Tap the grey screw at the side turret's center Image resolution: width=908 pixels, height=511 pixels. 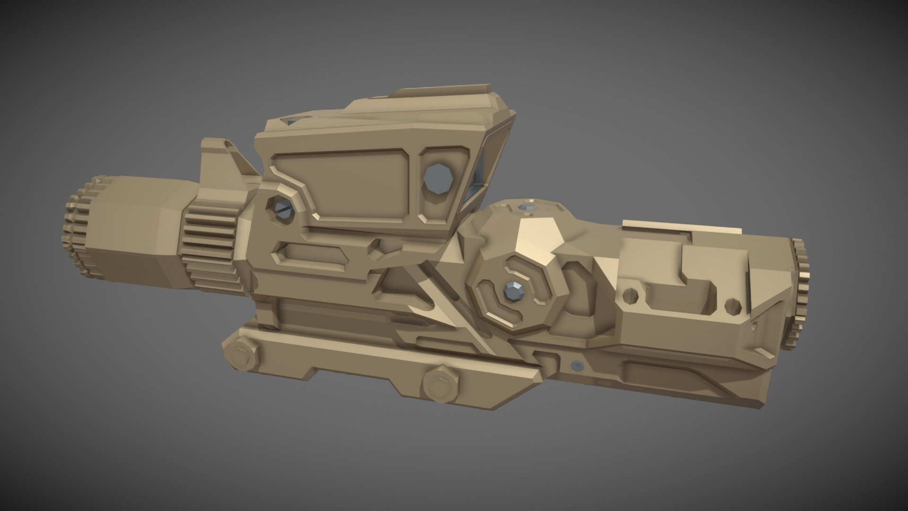(x=512, y=291)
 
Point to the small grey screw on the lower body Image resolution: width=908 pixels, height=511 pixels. (x=576, y=364)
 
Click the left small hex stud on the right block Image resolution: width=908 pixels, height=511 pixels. (x=630, y=296)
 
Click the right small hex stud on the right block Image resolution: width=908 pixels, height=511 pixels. (x=733, y=305)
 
